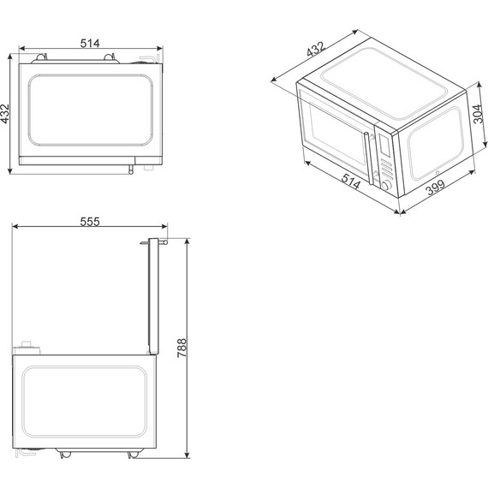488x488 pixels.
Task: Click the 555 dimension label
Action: click(x=90, y=222)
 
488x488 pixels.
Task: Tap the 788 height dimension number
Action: click(x=182, y=348)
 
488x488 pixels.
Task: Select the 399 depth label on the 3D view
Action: click(x=436, y=187)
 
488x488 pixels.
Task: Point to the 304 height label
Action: click(x=479, y=114)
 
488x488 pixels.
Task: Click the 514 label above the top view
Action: click(x=90, y=44)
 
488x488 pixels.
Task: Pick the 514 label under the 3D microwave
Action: click(x=351, y=182)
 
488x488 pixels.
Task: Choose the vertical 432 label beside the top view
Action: click(x=5, y=114)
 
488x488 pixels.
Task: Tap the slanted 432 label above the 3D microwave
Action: click(x=316, y=50)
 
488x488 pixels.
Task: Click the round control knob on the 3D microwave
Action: click(x=387, y=186)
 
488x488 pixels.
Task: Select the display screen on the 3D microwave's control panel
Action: click(x=384, y=145)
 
